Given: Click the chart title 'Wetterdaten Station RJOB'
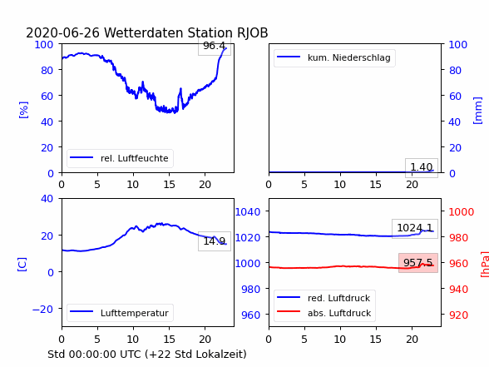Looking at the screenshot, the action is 186,32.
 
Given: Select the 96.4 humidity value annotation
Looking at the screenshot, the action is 215,46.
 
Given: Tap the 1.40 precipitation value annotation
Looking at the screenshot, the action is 422,167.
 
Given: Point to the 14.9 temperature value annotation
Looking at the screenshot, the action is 215,241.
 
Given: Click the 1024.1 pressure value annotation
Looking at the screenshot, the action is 415,228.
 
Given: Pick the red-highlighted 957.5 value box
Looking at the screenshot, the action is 418,263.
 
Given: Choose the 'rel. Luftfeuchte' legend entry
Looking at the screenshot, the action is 120,158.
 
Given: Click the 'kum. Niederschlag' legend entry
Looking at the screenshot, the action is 334,57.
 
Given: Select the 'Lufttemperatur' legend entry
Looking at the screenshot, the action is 120,313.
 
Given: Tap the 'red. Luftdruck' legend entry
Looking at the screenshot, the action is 324,298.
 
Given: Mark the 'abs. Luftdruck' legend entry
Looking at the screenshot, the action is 324,313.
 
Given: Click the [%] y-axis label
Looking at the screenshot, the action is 23,110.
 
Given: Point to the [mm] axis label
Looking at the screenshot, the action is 477,111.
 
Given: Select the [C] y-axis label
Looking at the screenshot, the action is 22,265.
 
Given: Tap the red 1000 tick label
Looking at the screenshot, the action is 462,212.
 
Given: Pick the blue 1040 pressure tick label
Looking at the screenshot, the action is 248,212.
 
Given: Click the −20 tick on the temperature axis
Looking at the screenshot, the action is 42,309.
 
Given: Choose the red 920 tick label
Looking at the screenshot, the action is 458,315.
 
